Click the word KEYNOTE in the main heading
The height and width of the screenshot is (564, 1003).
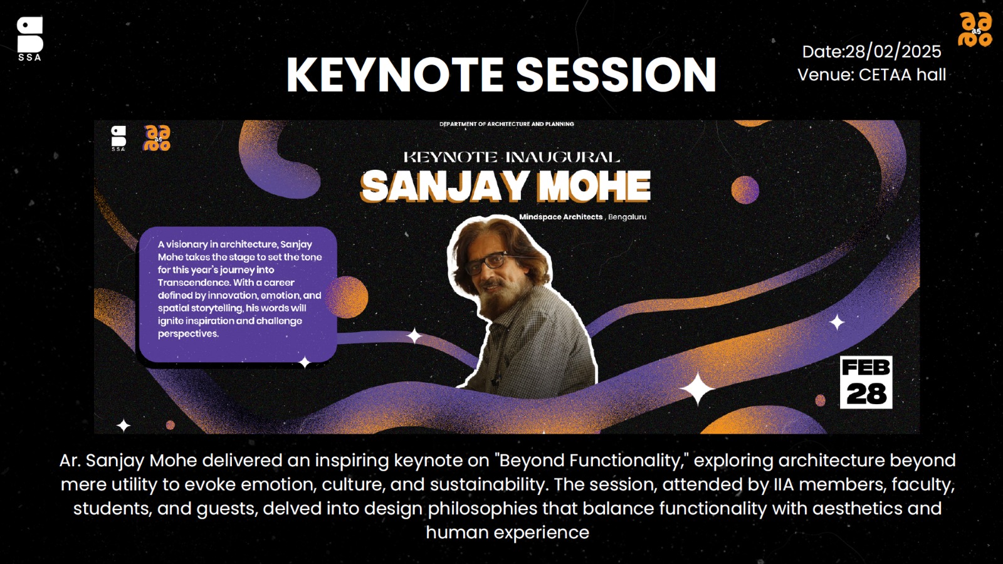(395, 75)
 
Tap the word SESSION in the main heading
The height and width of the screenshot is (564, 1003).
(616, 75)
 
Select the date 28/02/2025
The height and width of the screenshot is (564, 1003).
(893, 52)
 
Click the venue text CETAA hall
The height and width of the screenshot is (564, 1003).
(902, 75)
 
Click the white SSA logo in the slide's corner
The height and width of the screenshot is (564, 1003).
(30, 38)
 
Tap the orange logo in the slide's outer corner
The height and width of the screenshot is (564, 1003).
(975, 29)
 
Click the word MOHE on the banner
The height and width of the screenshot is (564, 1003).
(594, 186)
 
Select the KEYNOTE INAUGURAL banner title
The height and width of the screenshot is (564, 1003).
(512, 157)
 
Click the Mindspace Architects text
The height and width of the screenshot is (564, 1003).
(560, 217)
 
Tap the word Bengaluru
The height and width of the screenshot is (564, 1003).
(627, 217)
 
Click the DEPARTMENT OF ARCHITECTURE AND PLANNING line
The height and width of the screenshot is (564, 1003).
(507, 124)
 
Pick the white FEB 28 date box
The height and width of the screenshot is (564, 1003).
(866, 382)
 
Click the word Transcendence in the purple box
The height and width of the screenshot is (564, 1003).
(194, 283)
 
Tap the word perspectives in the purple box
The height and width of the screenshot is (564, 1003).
(188, 334)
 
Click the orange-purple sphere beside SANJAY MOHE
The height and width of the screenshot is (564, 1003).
(745, 190)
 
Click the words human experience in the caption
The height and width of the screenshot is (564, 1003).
(507, 533)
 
